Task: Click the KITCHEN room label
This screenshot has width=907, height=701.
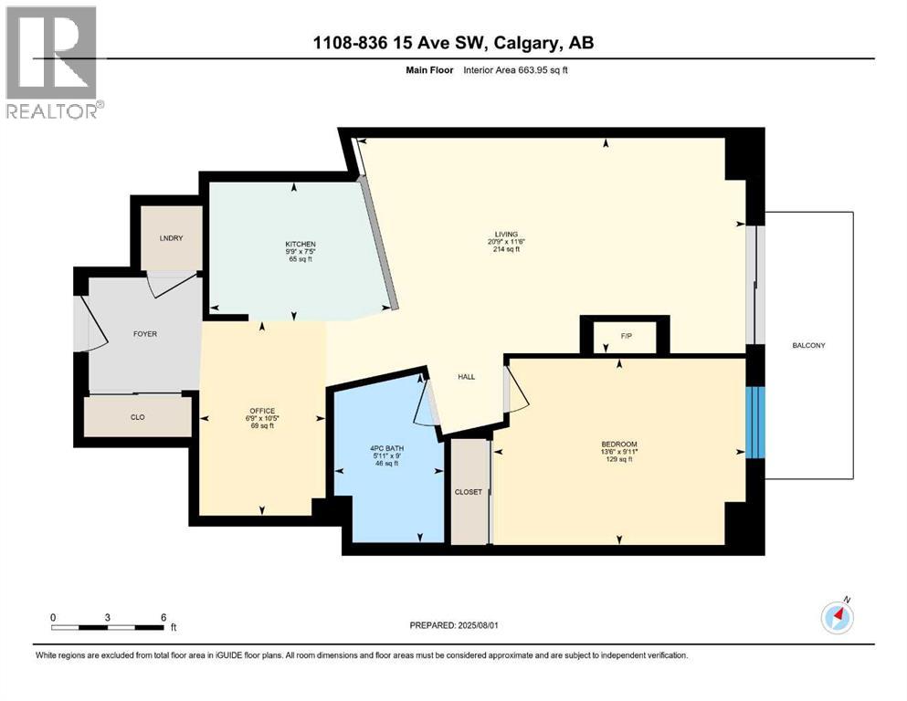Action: click(x=301, y=245)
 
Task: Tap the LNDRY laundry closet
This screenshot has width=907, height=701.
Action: click(x=171, y=238)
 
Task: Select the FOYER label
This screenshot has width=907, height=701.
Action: click(x=144, y=334)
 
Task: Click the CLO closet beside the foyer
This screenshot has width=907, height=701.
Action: click(x=138, y=416)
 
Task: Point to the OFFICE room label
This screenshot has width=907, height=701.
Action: click(x=263, y=411)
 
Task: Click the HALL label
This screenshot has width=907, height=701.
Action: click(x=466, y=377)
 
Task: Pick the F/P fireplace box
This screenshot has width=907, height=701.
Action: click(x=627, y=336)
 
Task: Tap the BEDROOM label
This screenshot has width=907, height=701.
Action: click(x=618, y=445)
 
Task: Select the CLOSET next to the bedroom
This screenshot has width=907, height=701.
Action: click(x=469, y=491)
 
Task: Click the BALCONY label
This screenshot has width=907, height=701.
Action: click(x=809, y=345)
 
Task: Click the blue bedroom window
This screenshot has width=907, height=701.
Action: click(x=755, y=422)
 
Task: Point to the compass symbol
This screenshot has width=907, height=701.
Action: click(x=837, y=617)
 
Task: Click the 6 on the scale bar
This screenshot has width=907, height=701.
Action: click(x=163, y=617)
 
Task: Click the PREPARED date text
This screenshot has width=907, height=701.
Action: click(x=453, y=625)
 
